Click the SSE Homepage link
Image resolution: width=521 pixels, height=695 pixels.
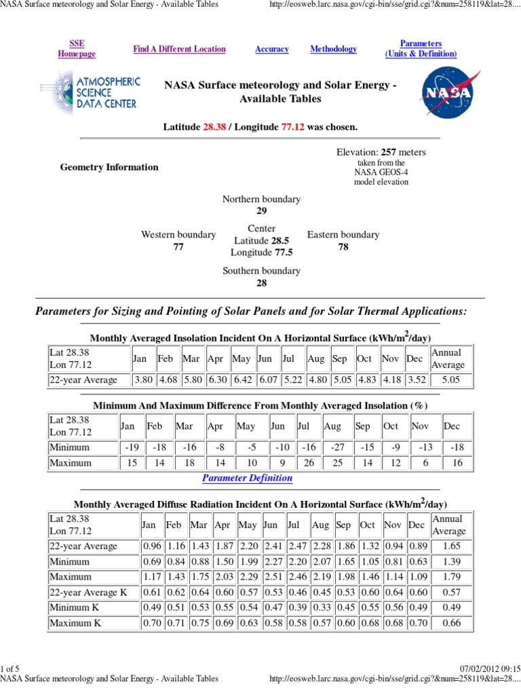77,49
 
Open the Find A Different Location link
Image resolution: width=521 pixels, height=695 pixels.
179,49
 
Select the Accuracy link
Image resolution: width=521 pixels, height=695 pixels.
271,49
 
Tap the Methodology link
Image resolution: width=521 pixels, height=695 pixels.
333,49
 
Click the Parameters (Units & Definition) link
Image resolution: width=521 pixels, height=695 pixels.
421,49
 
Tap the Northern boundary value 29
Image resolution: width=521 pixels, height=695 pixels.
261,211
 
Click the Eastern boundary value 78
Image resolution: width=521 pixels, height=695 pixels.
343,247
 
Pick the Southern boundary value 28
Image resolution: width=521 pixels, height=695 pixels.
261,283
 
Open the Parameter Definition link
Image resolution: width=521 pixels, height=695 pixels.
248,478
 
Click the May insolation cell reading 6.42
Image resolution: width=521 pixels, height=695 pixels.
242,380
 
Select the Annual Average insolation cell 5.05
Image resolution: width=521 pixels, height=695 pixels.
450,380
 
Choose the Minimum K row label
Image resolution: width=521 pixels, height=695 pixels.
74,607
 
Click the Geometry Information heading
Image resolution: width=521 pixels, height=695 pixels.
109,167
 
